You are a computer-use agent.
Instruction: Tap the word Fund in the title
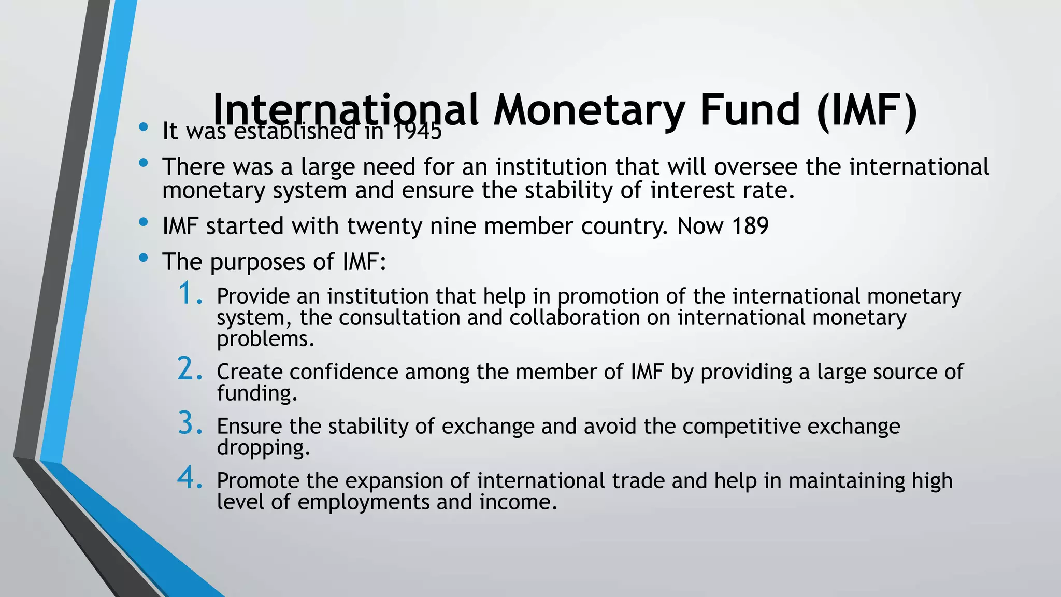(750, 110)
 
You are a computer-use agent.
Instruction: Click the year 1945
(417, 132)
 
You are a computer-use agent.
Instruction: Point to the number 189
(750, 226)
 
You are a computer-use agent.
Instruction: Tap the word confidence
(343, 372)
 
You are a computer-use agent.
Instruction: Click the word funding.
(256, 393)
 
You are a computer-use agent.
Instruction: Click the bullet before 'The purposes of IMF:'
(144, 258)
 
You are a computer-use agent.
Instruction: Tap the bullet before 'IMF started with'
(144, 222)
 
